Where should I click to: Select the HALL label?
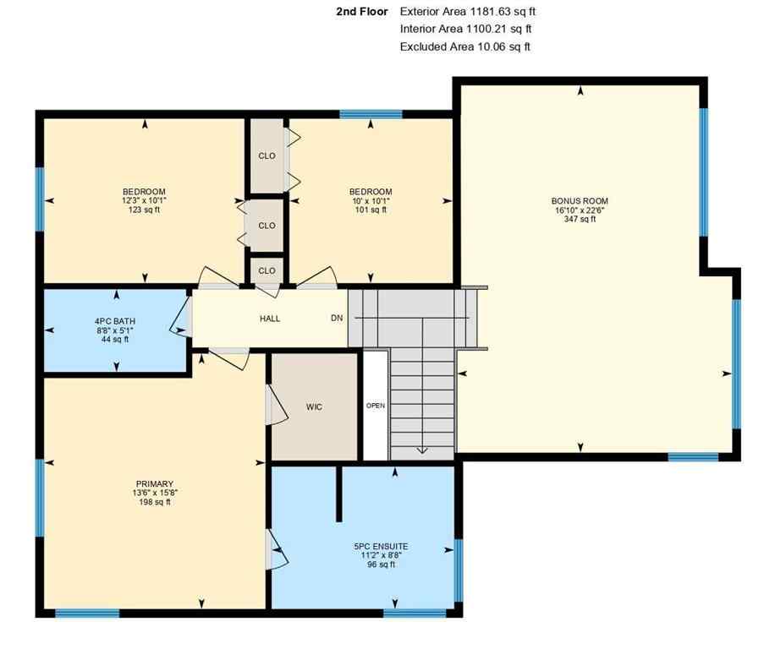click(270, 319)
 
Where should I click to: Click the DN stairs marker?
click(337, 319)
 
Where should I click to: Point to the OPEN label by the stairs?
click(375, 406)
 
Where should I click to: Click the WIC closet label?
click(314, 406)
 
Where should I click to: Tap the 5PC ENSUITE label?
click(381, 547)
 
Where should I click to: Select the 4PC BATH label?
click(115, 321)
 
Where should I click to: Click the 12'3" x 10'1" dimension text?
click(144, 201)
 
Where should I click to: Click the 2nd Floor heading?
click(362, 12)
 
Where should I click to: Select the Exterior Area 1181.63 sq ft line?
click(468, 12)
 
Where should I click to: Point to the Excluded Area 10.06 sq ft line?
click(465, 47)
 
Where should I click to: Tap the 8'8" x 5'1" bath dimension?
click(115, 330)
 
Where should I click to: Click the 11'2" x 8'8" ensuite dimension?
click(381, 556)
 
